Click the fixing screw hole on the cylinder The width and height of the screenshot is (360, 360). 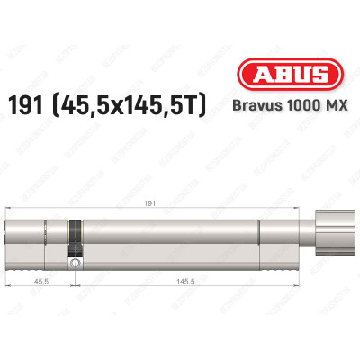pos(76,262)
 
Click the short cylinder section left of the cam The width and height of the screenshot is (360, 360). pos(40,236)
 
